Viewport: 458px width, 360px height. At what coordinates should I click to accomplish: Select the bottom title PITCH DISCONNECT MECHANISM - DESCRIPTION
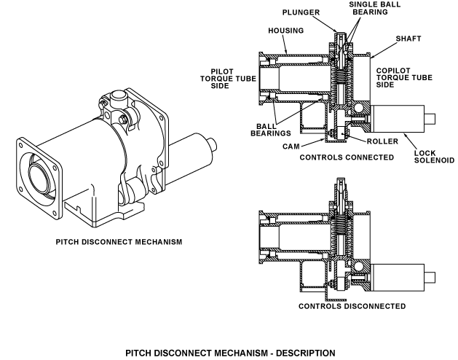(229, 353)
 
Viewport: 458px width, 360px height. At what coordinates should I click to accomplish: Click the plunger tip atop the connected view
(339, 34)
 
